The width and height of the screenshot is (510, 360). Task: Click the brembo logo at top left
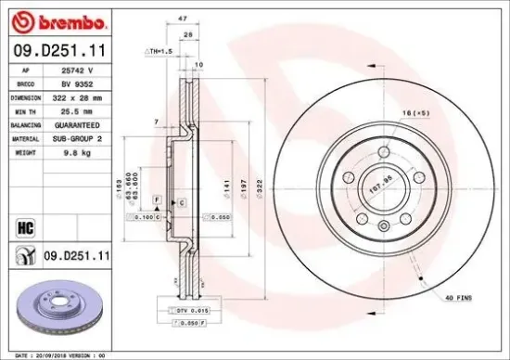point(57,19)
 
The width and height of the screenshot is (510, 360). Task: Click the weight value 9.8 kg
point(76,150)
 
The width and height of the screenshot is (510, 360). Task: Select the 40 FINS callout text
point(457,297)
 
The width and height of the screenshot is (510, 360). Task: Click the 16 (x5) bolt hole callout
point(415,111)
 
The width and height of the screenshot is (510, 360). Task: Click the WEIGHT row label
point(25,150)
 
